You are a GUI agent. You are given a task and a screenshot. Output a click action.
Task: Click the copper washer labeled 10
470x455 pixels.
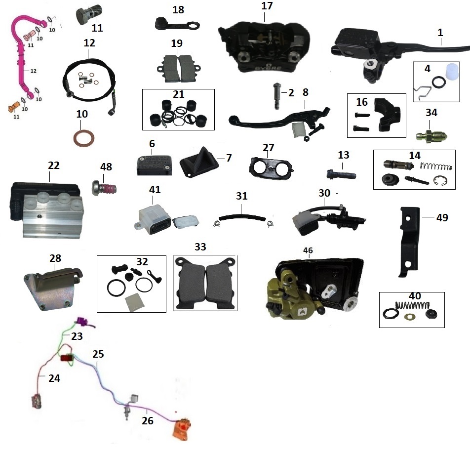[x=82, y=136]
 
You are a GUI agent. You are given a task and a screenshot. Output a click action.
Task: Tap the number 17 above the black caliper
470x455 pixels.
[x=267, y=6]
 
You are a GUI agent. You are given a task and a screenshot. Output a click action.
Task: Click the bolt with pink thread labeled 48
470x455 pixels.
[x=104, y=188]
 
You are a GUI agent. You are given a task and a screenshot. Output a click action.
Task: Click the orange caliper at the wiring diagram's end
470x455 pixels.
[x=182, y=429]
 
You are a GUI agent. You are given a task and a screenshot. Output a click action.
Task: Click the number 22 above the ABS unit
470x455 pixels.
[x=53, y=165]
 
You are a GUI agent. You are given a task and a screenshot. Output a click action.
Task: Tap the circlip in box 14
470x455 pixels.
[x=440, y=181]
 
